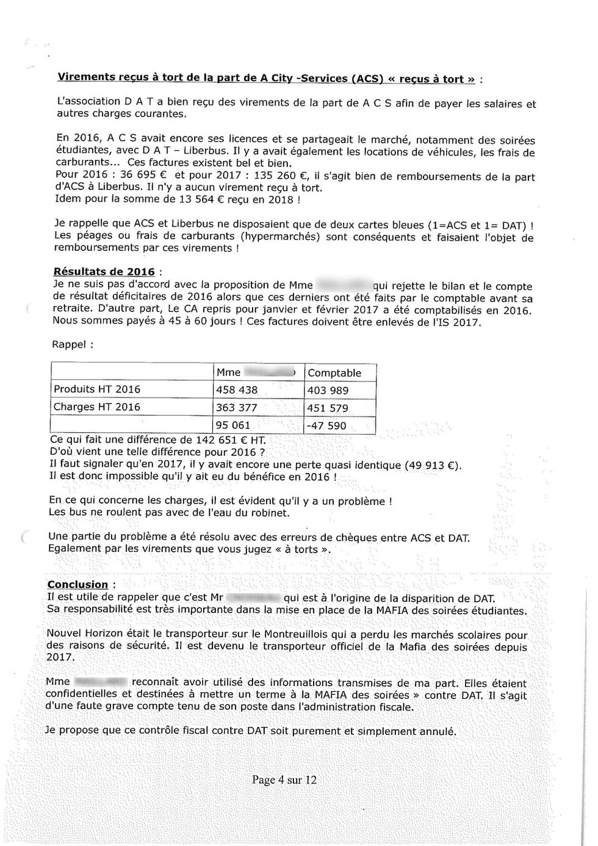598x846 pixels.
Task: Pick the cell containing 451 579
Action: [328, 408]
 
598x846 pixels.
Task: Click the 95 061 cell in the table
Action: [233, 425]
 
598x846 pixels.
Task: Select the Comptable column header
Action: [334, 373]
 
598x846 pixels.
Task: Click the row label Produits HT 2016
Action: [97, 389]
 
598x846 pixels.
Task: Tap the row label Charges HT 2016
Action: [97, 407]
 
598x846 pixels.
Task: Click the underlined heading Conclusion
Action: [77, 585]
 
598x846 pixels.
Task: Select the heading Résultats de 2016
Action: [104, 272]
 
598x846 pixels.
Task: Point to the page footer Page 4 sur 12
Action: [284, 780]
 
